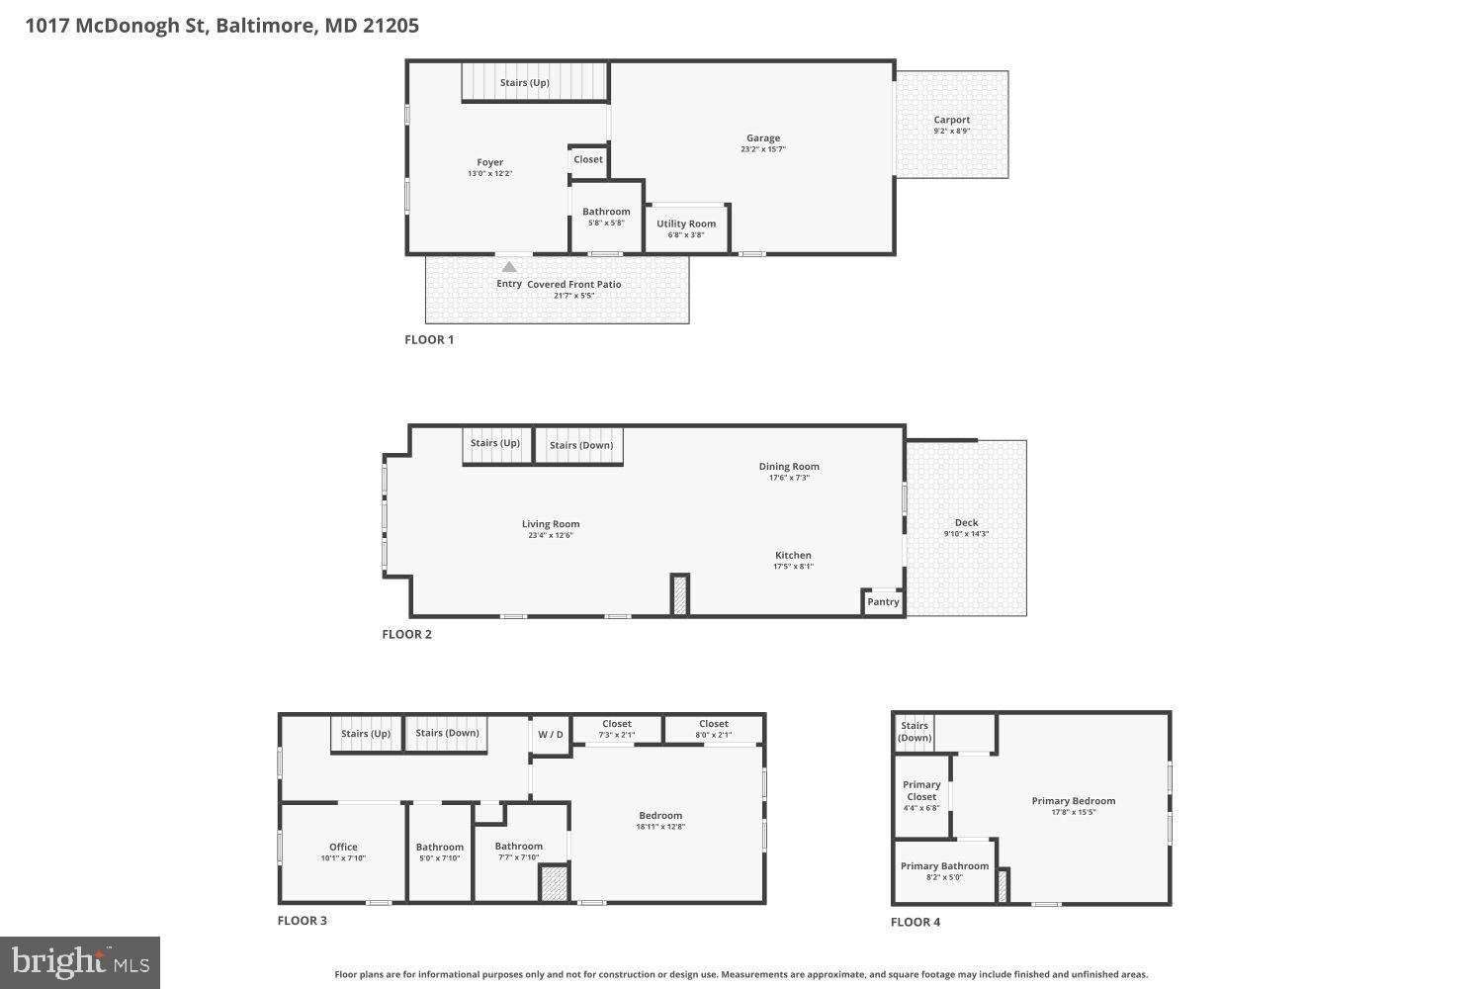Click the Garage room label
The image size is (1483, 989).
click(x=762, y=138)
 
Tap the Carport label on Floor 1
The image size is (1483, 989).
click(x=951, y=120)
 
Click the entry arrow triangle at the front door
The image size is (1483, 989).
click(x=509, y=267)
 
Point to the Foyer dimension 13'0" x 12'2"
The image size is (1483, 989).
click(x=489, y=174)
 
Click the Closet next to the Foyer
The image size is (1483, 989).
click(x=587, y=159)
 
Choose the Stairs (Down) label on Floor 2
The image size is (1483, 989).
click(x=580, y=445)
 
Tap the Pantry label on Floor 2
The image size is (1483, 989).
click(x=883, y=601)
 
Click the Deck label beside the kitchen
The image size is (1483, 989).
click(x=966, y=523)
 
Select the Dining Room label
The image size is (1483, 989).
click(x=789, y=467)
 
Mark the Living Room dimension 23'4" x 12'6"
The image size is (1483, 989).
click(x=551, y=536)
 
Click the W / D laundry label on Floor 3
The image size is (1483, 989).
click(x=551, y=735)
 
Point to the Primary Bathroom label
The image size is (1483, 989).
click(x=944, y=866)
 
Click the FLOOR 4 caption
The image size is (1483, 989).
click(x=916, y=922)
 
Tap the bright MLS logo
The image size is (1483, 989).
click(x=80, y=962)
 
